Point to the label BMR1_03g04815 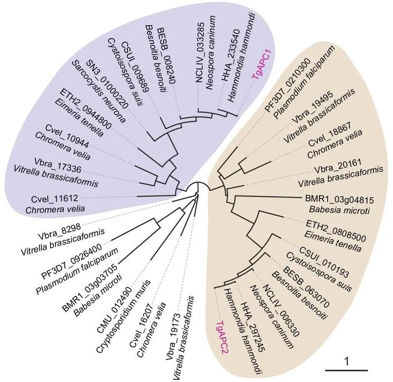coord(339,200)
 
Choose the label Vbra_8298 coord(59,232)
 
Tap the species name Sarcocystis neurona coord(98,92)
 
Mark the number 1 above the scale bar coord(346,362)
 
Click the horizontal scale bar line coord(346,370)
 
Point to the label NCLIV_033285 coord(200,52)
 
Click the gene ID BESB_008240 coord(166,56)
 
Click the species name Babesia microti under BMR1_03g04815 coord(339,210)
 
